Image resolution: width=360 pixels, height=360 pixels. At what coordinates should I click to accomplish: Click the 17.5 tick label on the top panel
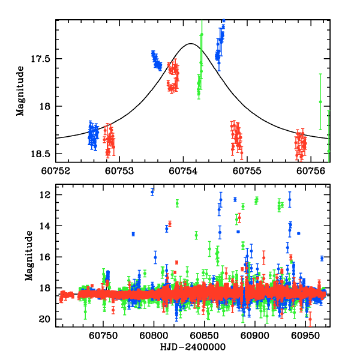(x=42, y=59)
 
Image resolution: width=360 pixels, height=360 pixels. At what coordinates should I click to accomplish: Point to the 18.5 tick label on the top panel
(x=42, y=154)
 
